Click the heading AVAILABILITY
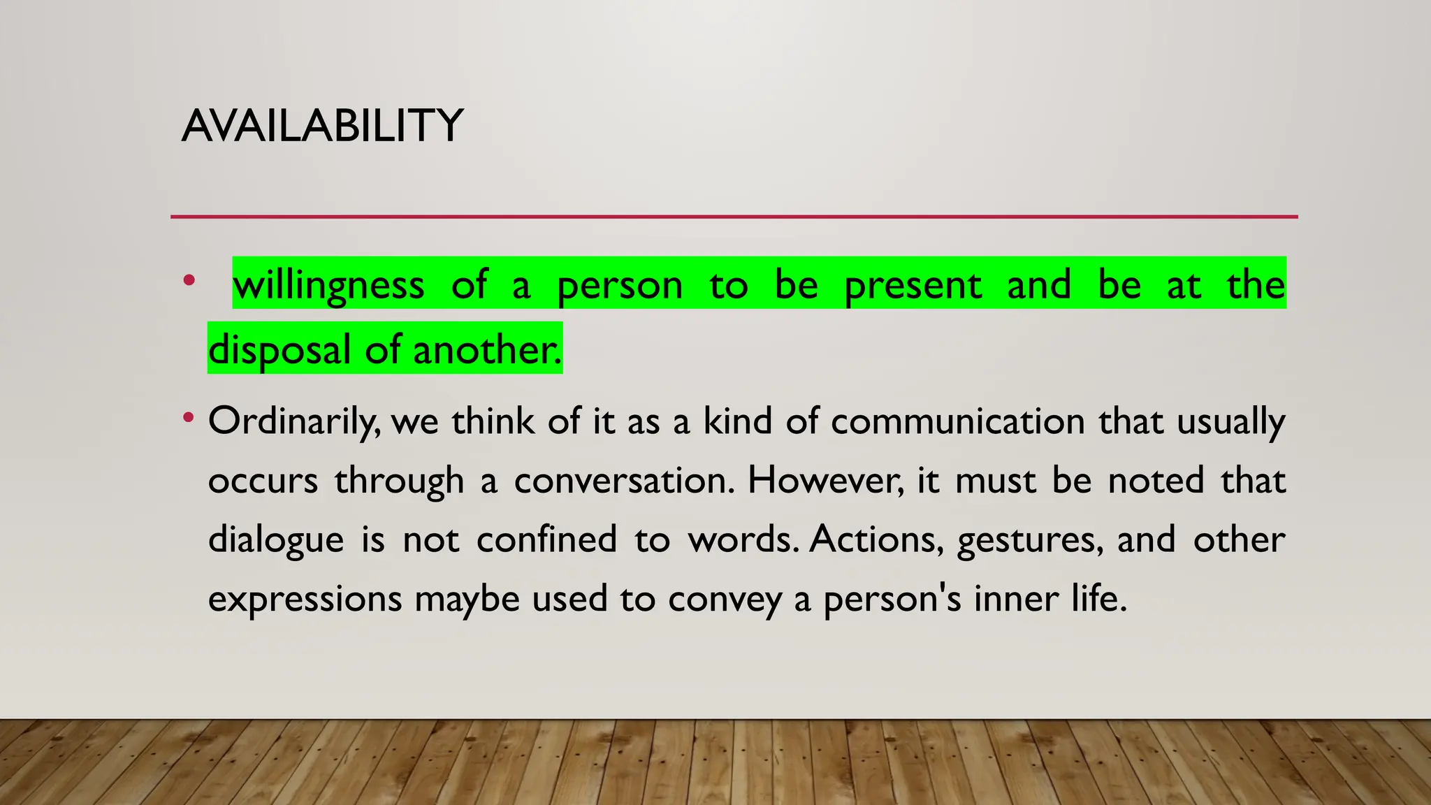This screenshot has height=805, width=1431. pos(322,126)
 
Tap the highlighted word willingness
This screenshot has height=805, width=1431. pos(328,285)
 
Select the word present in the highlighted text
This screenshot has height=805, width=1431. pos(913,285)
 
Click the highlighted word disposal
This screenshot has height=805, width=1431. pos(279,349)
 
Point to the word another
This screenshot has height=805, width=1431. pos(487,349)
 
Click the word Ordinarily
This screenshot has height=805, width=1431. pos(293,421)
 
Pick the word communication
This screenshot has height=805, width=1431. pos(957,421)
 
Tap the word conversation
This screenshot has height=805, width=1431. pos(624,481)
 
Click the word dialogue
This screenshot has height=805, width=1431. pos(276,540)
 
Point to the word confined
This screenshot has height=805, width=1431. pos(546,540)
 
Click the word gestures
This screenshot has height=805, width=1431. pos(1030,540)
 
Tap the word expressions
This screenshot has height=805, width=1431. pos(305,600)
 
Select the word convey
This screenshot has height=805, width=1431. pos(724,600)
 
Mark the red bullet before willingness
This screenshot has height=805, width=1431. pos(188,282)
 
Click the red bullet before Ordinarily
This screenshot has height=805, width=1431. pos(188,419)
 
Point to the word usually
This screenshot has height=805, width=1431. pos(1230,421)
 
